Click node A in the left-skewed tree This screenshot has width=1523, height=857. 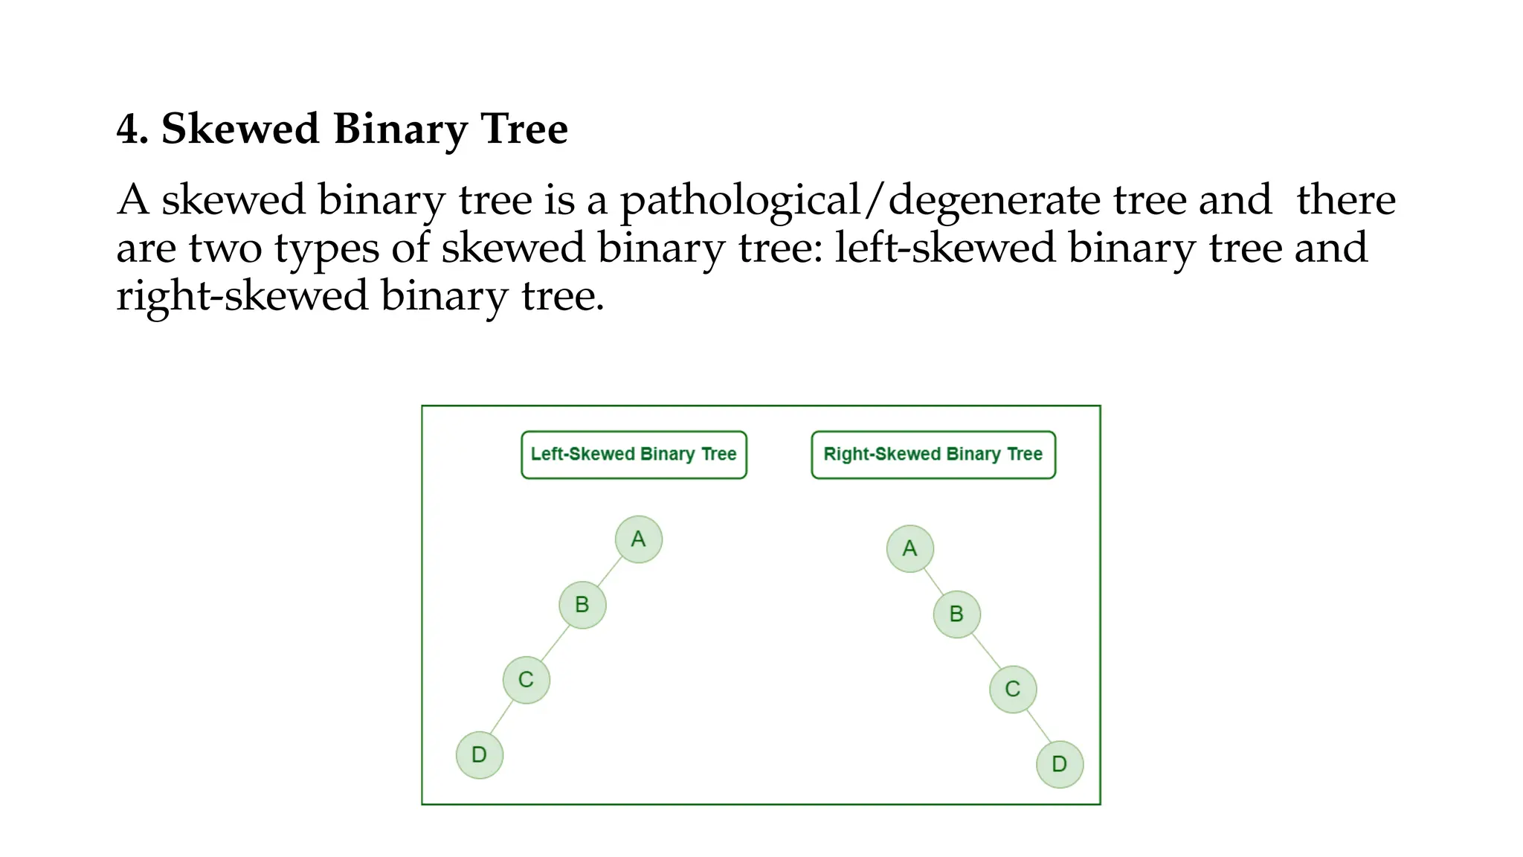pyautogui.click(x=638, y=539)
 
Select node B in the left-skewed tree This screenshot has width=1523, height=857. pyautogui.click(x=582, y=605)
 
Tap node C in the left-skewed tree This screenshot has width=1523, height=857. pyautogui.click(x=526, y=679)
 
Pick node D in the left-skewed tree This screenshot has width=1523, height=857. pyautogui.click(x=479, y=754)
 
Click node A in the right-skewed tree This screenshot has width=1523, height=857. pyautogui.click(x=909, y=549)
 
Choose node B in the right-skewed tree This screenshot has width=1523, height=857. pyautogui.click(x=956, y=614)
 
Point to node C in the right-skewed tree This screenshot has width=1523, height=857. pyautogui.click(x=1012, y=689)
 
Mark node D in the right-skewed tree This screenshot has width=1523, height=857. pyautogui.click(x=1059, y=764)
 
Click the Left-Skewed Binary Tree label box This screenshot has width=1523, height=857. pyautogui.click(x=634, y=455)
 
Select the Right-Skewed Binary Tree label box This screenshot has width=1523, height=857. pyautogui.click(x=933, y=455)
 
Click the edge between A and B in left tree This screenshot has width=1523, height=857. pyautogui.click(x=610, y=572)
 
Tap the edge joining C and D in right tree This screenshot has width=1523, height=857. pyautogui.click(x=1038, y=725)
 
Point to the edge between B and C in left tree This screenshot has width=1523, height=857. pyautogui.click(x=555, y=643)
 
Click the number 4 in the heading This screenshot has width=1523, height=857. pyautogui.click(x=128, y=129)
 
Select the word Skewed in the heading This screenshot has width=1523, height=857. pyautogui.click(x=240, y=129)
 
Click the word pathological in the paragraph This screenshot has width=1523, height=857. pyautogui.click(x=740, y=201)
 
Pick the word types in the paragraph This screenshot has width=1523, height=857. pyautogui.click(x=326, y=249)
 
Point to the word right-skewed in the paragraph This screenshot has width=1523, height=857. pyautogui.click(x=242, y=297)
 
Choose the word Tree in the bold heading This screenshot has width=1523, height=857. pyautogui.click(x=524, y=129)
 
